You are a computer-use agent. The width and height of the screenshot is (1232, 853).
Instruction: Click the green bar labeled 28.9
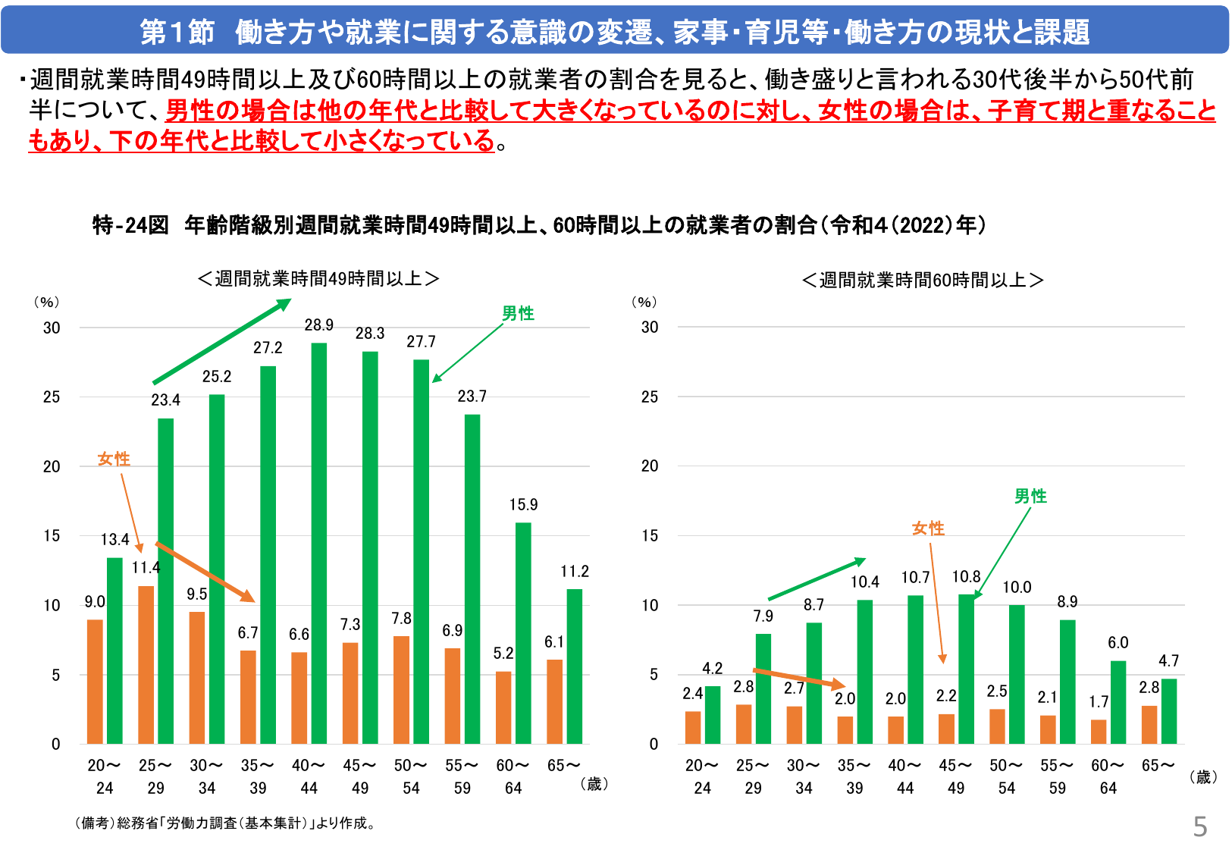pos(319,542)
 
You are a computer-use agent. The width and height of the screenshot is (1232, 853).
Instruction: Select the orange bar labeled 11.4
pos(146,664)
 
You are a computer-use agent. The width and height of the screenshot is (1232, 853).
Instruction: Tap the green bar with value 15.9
pos(523,632)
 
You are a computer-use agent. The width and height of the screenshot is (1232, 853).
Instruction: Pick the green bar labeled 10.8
pos(966,669)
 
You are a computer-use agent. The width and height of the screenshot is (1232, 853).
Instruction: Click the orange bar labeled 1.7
pos(1099,732)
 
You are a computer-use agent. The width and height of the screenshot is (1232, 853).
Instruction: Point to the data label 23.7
pos(472,397)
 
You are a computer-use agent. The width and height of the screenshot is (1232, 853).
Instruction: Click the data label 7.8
pos(401,619)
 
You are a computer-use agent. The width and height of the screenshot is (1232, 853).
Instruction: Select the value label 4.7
pos(1168,661)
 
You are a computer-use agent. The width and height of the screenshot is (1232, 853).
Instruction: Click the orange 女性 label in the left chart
pos(114,459)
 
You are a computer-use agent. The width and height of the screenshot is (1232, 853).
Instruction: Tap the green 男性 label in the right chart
pos(1030,497)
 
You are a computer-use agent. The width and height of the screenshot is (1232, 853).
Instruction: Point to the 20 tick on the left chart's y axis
pos(52,467)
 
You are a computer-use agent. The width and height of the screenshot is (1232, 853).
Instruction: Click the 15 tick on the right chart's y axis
pos(650,536)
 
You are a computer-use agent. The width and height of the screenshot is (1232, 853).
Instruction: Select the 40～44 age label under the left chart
pos(309,776)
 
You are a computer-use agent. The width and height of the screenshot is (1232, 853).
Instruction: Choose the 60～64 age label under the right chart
pos(1108,776)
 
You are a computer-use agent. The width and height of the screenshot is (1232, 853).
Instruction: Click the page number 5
pos(1199,826)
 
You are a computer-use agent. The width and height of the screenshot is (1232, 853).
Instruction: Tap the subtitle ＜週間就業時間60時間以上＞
pos(922,281)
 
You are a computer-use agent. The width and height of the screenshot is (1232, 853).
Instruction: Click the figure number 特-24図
pos(130,225)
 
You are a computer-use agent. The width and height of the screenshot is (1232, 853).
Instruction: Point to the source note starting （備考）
pos(225,823)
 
